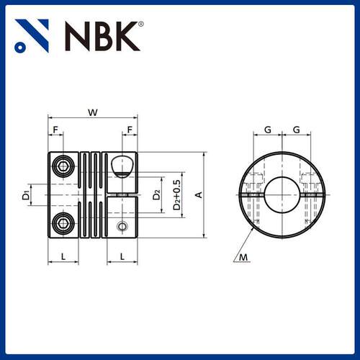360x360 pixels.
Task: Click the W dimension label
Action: pyautogui.click(x=93, y=112)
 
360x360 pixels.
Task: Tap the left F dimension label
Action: pyautogui.click(x=55, y=130)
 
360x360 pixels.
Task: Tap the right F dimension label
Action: pyautogui.click(x=130, y=130)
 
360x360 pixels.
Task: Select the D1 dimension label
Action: pyautogui.click(x=26, y=194)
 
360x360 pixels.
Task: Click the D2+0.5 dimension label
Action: pyautogui.click(x=177, y=195)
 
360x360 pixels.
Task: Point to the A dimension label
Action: pyautogui.click(x=199, y=194)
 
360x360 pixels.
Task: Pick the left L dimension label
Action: pyautogui.click(x=63, y=257)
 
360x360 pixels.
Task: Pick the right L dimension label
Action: pyautogui.click(x=122, y=257)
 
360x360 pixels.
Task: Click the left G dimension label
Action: pyautogui.click(x=268, y=130)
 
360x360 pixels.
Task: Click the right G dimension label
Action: pyautogui.click(x=297, y=130)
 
